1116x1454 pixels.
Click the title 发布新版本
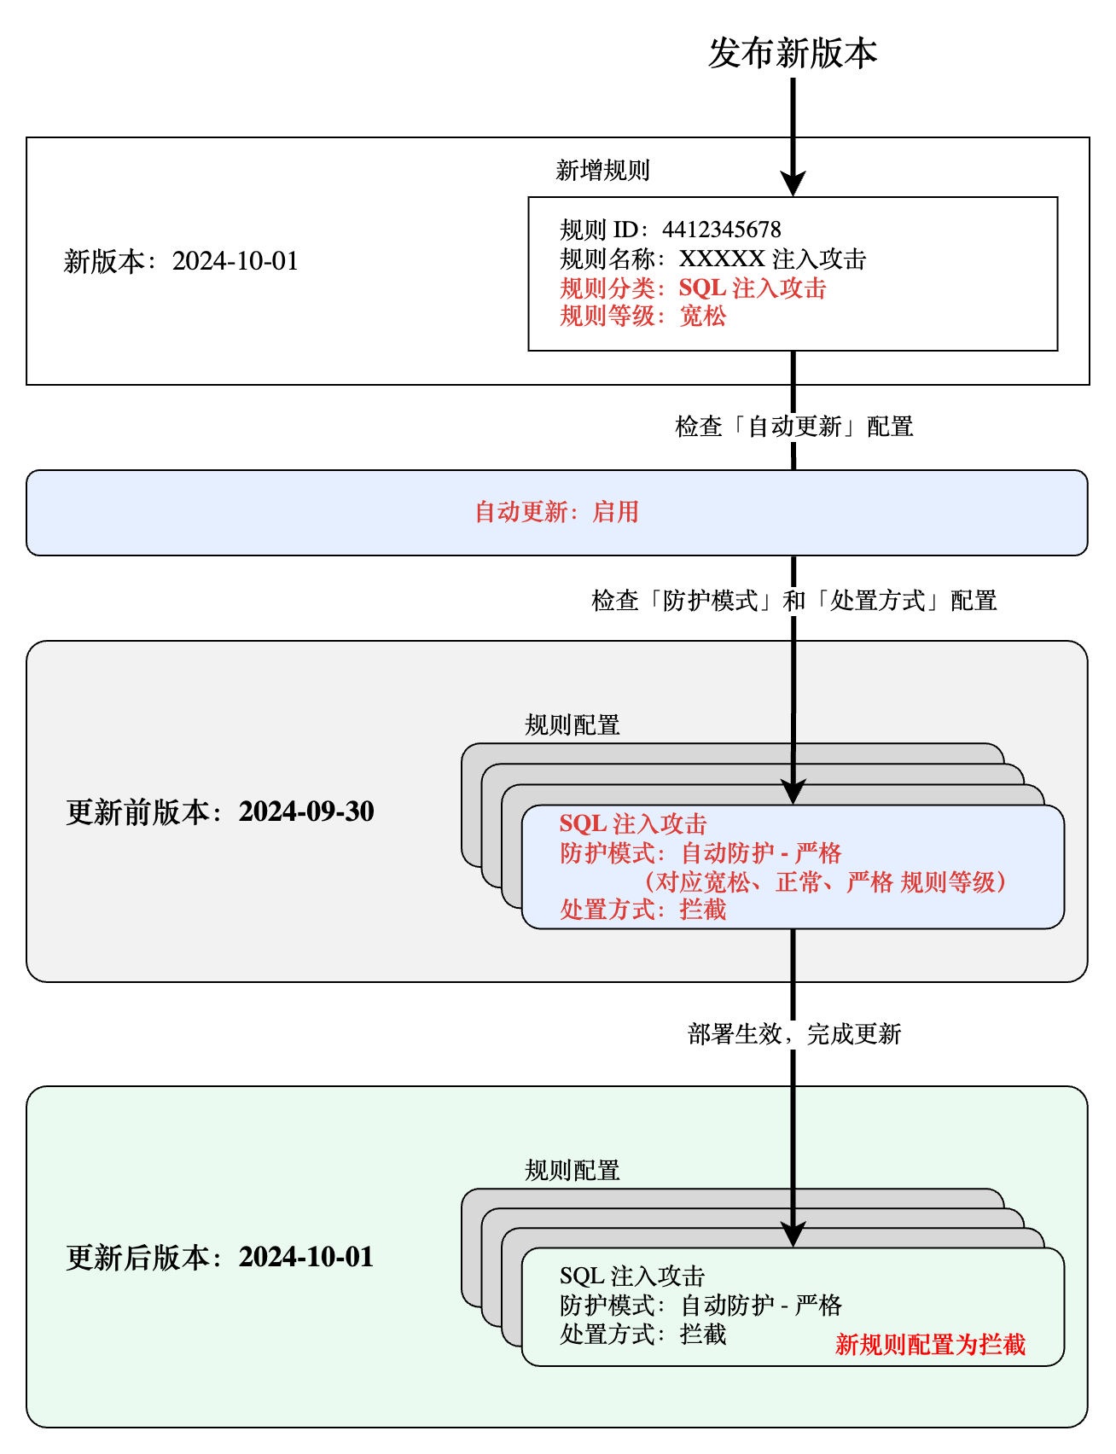point(793,54)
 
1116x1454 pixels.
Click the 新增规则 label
point(602,171)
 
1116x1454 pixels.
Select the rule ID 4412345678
point(721,230)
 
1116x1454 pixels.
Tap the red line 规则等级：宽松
point(642,317)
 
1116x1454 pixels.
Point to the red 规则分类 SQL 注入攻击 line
point(693,288)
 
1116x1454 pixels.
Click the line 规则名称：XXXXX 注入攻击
point(712,259)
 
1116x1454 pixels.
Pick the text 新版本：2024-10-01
point(181,261)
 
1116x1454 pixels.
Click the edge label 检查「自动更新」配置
point(793,427)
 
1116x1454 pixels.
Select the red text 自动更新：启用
point(556,512)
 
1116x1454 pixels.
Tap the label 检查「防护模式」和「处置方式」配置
point(793,601)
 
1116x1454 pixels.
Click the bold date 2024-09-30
point(306,811)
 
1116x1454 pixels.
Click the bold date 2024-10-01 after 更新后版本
point(306,1257)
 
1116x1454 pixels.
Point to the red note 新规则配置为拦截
point(930,1345)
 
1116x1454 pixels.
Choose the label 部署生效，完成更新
point(793,1034)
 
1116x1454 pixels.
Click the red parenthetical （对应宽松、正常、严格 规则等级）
point(824,882)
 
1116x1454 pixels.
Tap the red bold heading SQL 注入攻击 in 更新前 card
point(633,824)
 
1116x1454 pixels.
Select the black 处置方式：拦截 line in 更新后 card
point(642,1335)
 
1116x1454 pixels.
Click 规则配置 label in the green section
point(572,1171)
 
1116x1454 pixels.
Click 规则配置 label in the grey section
point(572,725)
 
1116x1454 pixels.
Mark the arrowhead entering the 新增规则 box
point(793,184)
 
